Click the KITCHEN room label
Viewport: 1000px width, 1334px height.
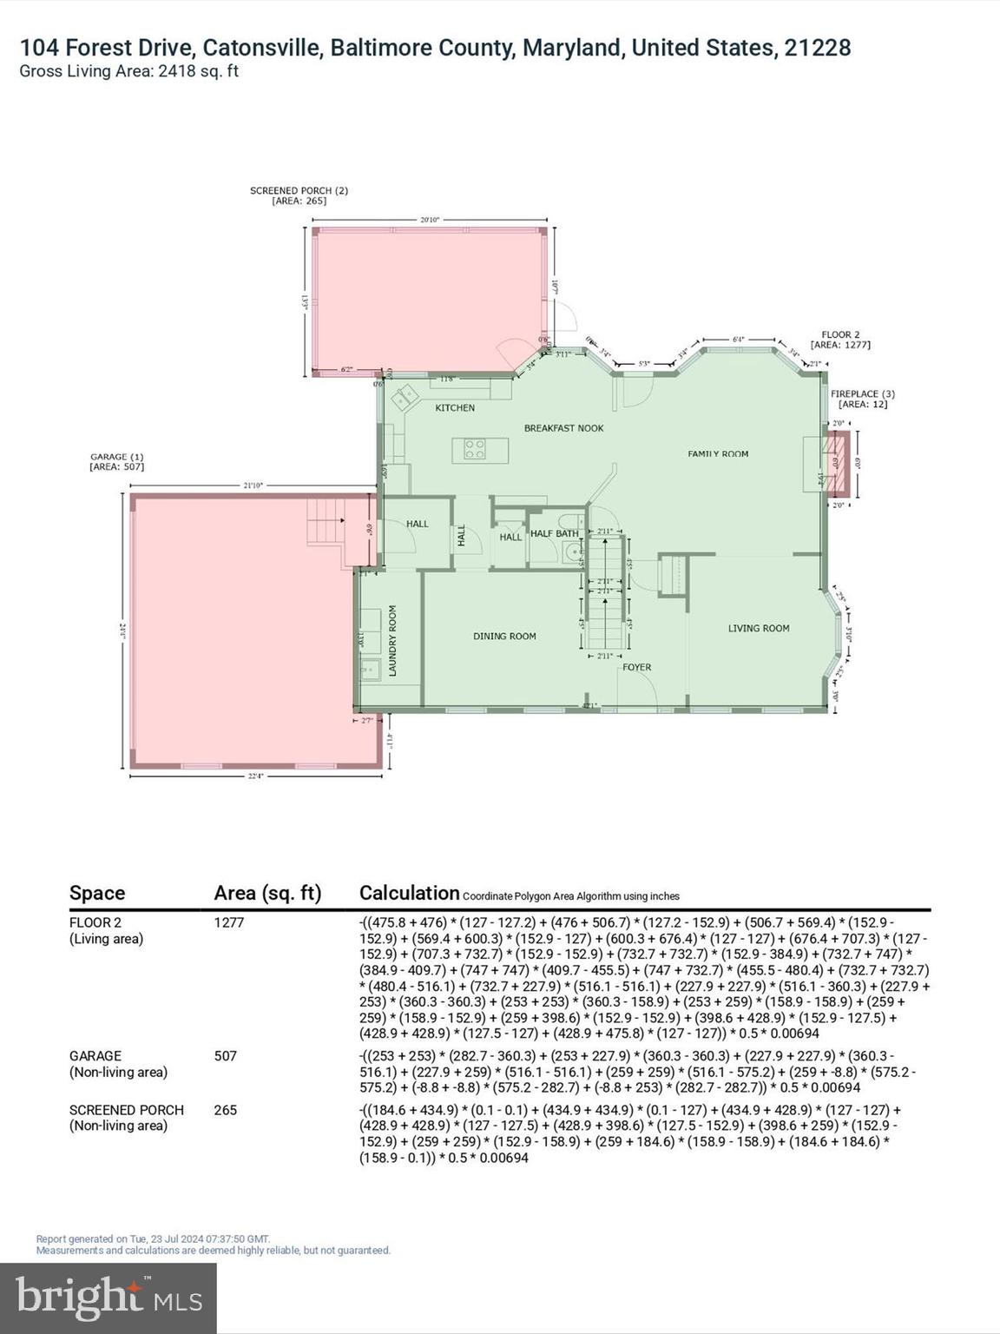coord(455,407)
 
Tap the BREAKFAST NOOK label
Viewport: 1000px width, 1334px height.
coord(563,428)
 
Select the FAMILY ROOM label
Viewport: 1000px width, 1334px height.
coord(718,453)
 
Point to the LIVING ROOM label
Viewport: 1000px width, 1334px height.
coord(758,628)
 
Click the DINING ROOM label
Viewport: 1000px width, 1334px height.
coord(504,636)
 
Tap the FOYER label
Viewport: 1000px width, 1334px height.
coord(636,667)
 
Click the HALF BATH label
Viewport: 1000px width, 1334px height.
coord(554,533)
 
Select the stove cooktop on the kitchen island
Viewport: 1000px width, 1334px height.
coord(475,449)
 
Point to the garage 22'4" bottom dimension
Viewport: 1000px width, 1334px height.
coord(255,776)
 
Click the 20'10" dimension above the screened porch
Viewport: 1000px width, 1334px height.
coord(430,220)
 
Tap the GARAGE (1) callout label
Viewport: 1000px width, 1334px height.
coord(116,461)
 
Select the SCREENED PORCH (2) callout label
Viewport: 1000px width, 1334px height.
coord(299,195)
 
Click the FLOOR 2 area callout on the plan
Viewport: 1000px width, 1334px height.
coord(840,340)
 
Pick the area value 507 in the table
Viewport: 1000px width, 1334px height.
coord(226,1056)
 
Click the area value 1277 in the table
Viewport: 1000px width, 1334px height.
coord(229,922)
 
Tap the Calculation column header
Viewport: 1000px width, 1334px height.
coord(409,893)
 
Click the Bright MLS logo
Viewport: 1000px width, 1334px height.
coord(109,1298)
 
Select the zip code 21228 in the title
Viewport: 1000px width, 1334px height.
coord(817,47)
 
